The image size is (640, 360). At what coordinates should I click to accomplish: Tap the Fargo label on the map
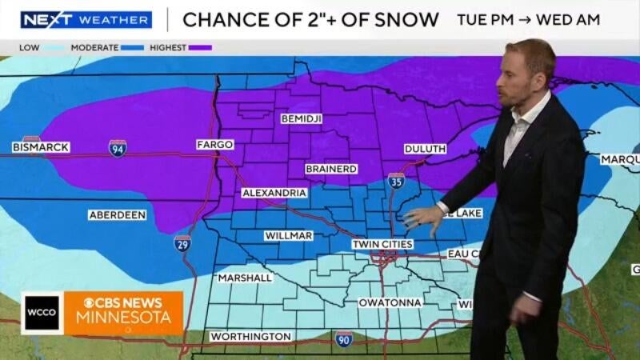click(x=214, y=145)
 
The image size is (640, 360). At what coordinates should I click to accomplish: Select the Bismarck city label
click(x=41, y=147)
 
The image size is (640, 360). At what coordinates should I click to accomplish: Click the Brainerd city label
click(x=331, y=170)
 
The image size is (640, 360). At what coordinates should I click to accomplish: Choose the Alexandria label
click(x=274, y=194)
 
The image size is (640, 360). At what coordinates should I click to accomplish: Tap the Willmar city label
click(x=288, y=236)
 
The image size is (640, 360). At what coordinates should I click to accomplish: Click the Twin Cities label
click(x=382, y=243)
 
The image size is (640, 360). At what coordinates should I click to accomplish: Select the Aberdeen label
click(x=117, y=215)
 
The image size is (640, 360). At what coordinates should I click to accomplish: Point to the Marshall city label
click(x=246, y=278)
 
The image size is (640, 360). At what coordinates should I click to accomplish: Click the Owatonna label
click(x=390, y=303)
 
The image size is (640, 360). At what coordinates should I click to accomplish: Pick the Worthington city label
click(x=250, y=337)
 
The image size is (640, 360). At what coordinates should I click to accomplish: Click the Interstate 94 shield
click(x=118, y=148)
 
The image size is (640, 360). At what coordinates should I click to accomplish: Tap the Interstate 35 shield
click(x=396, y=182)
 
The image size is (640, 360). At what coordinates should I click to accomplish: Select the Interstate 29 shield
click(x=182, y=243)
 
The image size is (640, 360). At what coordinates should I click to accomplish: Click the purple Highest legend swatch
click(x=200, y=48)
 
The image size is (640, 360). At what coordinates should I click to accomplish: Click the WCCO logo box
click(x=42, y=313)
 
